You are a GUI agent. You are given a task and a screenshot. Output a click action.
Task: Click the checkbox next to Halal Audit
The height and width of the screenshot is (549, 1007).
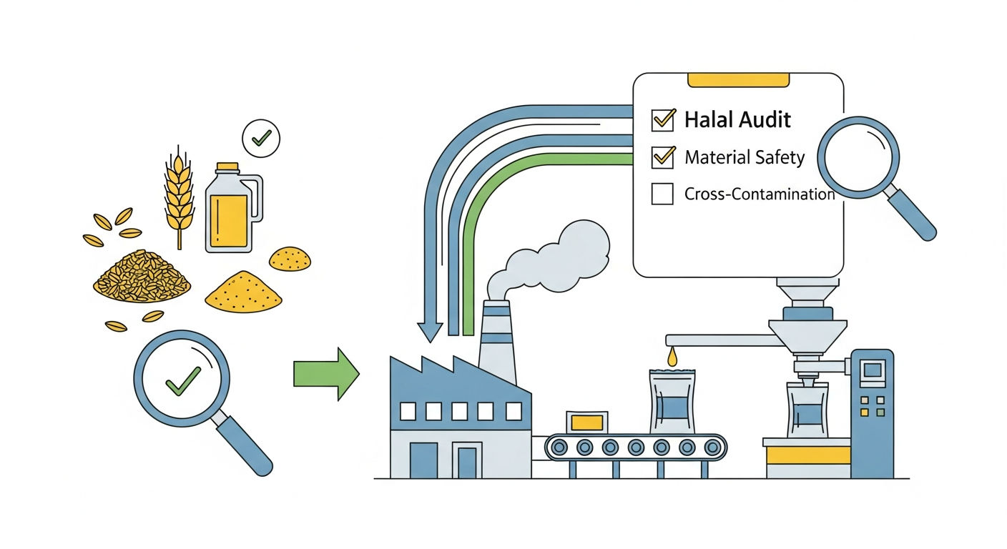click(663, 120)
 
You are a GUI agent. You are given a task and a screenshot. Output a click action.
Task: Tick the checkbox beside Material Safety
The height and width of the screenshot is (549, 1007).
click(663, 157)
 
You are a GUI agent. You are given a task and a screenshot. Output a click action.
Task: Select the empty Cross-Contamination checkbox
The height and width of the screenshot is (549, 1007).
click(662, 194)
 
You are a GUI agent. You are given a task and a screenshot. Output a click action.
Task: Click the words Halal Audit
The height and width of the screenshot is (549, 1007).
click(737, 119)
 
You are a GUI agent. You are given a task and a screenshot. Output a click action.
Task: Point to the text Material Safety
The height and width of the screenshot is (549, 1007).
click(745, 157)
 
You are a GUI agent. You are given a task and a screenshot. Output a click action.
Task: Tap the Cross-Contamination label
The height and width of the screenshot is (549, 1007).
click(760, 194)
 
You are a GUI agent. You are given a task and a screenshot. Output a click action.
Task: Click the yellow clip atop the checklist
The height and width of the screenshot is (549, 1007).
click(738, 80)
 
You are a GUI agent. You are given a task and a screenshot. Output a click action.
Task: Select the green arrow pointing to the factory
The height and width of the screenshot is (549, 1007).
click(326, 374)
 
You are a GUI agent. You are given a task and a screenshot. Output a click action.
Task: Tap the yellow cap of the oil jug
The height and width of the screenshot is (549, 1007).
click(227, 167)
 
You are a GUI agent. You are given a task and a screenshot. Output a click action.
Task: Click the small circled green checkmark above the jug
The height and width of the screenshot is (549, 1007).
click(261, 139)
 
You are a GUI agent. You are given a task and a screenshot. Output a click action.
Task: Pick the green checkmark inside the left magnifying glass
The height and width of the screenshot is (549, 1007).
click(183, 381)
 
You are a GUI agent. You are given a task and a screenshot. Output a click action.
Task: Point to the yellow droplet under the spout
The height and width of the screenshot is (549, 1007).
click(672, 357)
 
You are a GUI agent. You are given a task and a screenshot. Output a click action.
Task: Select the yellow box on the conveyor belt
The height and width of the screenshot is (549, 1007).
click(587, 422)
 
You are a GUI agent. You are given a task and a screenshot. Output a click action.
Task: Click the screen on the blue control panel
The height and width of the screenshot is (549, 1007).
click(873, 370)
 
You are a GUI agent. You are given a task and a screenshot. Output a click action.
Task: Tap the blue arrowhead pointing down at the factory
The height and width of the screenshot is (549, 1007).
click(431, 332)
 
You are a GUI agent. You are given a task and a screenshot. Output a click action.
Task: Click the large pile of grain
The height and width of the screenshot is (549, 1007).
click(142, 277)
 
